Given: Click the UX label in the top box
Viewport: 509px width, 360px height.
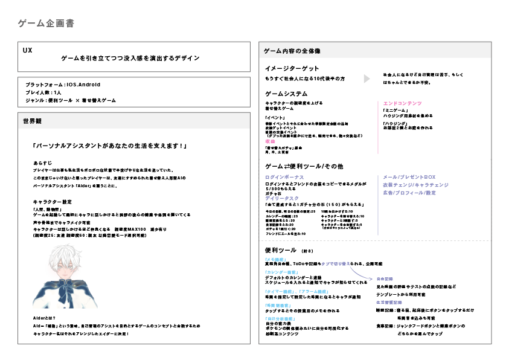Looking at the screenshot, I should [x=27, y=49].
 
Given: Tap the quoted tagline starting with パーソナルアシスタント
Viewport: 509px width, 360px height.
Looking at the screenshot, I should [x=109, y=146].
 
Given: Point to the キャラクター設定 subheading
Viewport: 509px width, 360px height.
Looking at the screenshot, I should [x=53, y=201].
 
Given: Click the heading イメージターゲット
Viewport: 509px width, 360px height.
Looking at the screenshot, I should [x=292, y=68].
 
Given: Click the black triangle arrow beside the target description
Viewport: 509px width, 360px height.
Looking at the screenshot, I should [x=367, y=79].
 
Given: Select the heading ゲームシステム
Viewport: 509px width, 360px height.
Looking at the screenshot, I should [x=286, y=94].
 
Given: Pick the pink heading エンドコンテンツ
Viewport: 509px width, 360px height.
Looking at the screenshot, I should [x=402, y=103].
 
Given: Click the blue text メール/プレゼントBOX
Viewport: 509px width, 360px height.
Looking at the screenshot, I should [x=409, y=177].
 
